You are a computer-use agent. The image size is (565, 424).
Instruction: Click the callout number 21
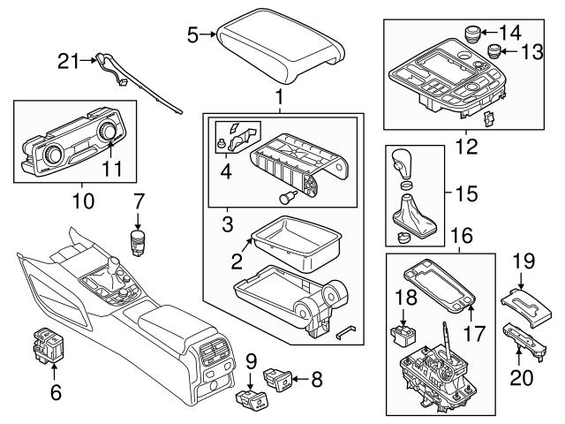pyautogui.click(x=68, y=61)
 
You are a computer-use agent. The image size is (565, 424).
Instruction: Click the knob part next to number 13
pyautogui.click(x=492, y=50)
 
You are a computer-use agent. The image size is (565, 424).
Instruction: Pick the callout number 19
pyautogui.click(x=524, y=261)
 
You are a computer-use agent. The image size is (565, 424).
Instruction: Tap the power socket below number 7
pyautogui.click(x=138, y=241)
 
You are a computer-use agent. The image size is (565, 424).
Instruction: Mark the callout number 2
pyautogui.click(x=236, y=263)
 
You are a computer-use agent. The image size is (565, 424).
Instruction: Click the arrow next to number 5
pyautogui.click(x=209, y=34)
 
